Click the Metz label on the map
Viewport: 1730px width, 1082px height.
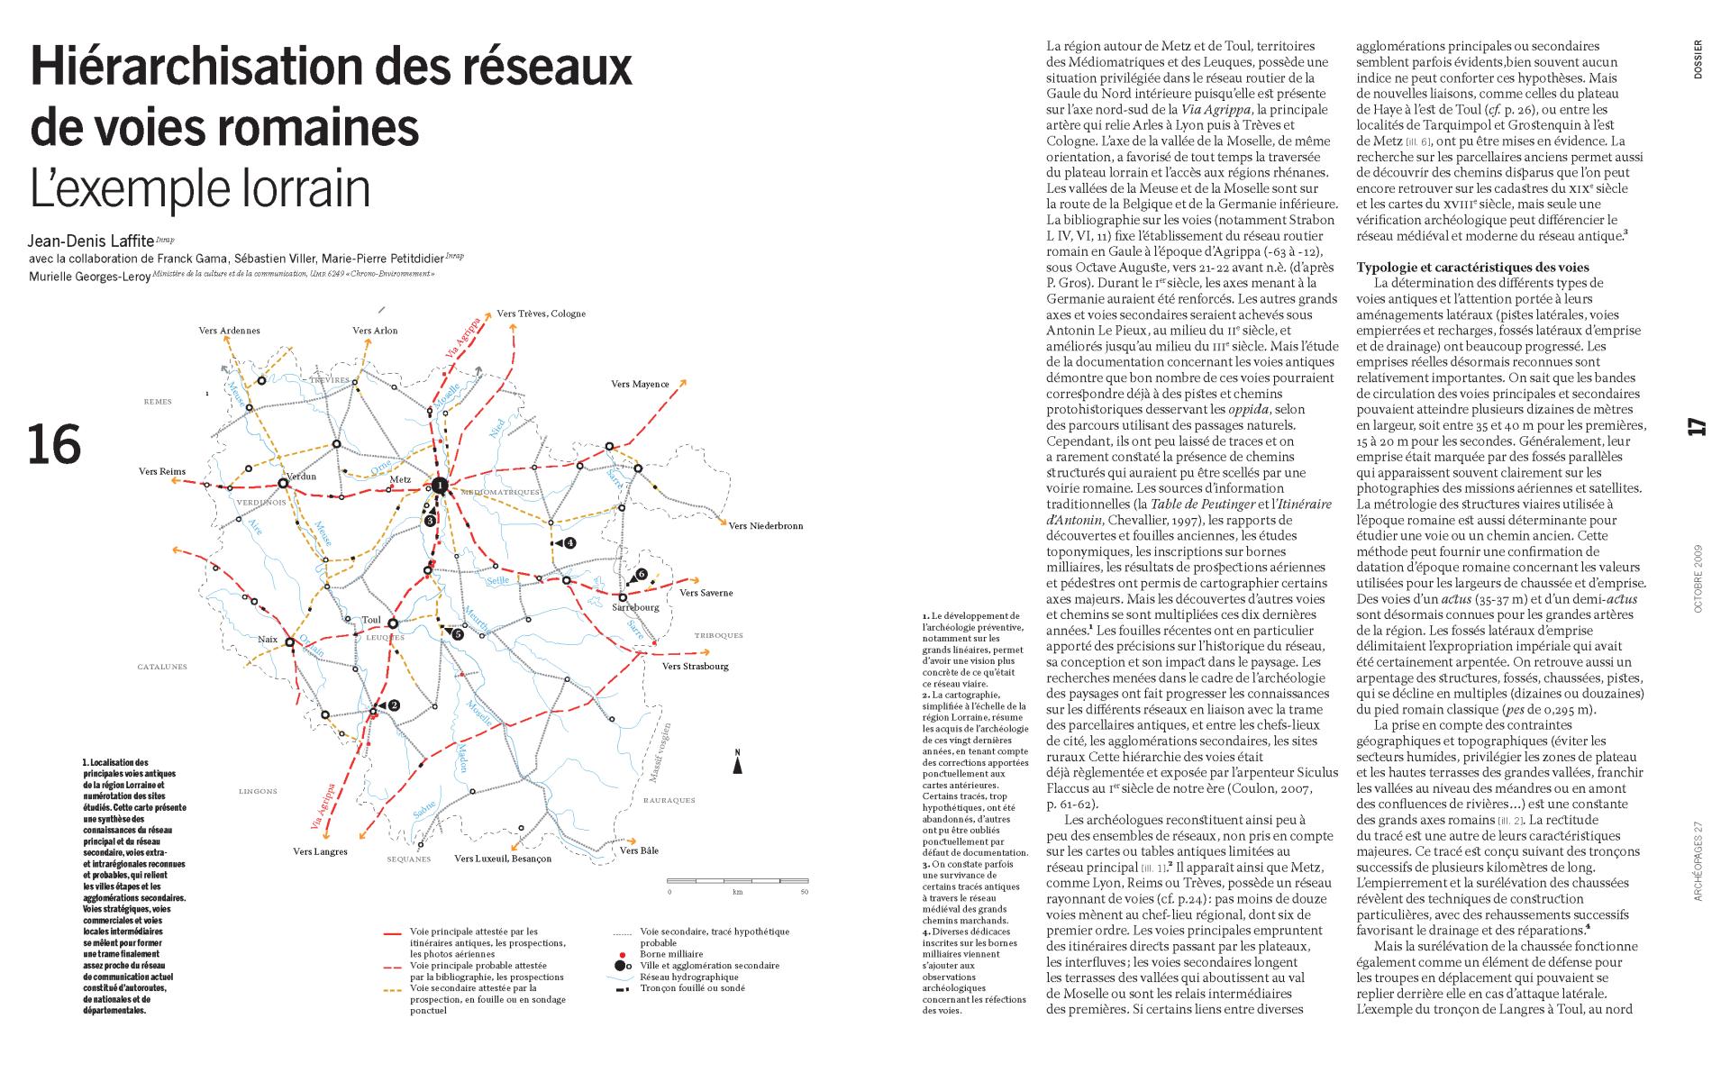(x=400, y=479)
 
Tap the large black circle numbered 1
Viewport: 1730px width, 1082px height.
(x=439, y=486)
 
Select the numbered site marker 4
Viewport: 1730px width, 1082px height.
(x=569, y=543)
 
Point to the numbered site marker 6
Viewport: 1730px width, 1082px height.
(x=641, y=574)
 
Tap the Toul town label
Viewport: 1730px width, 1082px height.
(x=371, y=620)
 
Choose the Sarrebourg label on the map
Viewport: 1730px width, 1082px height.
(x=636, y=607)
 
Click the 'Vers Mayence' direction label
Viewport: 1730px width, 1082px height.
(x=640, y=385)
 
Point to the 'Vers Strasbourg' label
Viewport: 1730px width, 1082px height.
(x=695, y=667)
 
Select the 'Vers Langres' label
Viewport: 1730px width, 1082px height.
(x=320, y=851)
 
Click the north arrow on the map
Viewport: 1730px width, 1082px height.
(x=737, y=764)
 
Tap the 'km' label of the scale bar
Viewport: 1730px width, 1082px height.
(x=737, y=893)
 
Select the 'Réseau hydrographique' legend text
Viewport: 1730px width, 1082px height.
(x=688, y=977)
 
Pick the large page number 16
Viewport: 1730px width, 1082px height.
(x=55, y=445)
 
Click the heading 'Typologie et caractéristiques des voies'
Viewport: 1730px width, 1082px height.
(x=1472, y=267)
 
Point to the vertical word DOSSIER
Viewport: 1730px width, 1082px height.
(x=1698, y=60)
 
